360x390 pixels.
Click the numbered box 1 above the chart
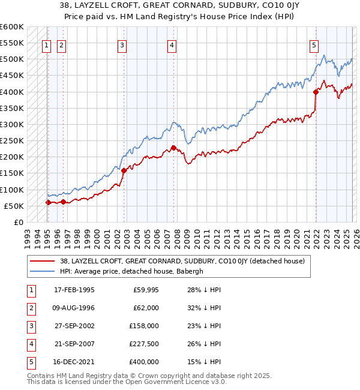[47, 44]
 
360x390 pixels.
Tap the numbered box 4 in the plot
[172, 44]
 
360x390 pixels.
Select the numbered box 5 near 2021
[314, 44]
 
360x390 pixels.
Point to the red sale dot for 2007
[173, 148]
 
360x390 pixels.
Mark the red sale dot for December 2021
[316, 92]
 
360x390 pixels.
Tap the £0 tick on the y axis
[19, 222]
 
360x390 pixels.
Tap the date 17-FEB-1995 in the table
[74, 290]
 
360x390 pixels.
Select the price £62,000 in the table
[146, 308]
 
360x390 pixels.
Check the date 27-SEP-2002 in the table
[74, 326]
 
